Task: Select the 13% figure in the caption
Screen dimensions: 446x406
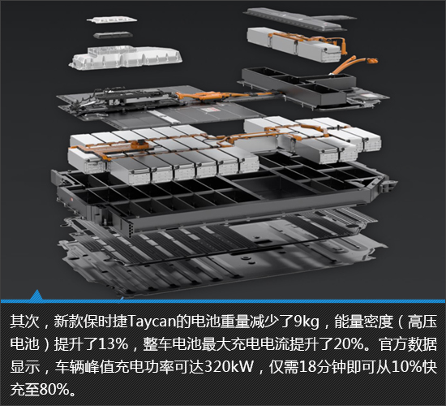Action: [113, 344]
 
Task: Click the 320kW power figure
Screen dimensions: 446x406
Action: [229, 367]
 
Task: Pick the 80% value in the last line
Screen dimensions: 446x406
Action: [54, 389]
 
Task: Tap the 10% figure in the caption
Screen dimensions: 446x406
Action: [407, 367]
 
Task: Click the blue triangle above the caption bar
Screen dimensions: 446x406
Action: [36, 296]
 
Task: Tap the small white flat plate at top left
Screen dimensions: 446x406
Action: [112, 19]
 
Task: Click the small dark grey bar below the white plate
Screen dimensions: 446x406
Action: [113, 36]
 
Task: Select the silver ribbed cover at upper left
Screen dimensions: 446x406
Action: [126, 58]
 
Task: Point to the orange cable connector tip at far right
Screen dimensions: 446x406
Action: [373, 61]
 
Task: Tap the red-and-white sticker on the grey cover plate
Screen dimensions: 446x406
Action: [210, 110]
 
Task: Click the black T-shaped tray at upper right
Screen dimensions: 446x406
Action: [298, 84]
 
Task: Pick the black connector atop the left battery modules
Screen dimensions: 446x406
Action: [140, 143]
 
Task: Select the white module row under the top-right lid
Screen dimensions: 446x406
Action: [294, 44]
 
